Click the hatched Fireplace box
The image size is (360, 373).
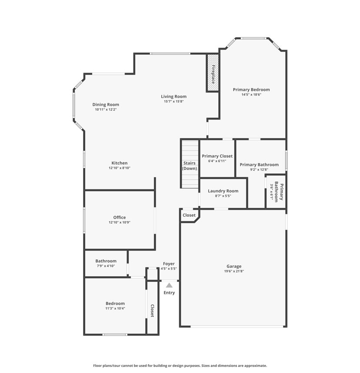point(213,73)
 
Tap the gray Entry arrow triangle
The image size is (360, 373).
point(169,285)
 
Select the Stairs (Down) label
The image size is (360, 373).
point(190,165)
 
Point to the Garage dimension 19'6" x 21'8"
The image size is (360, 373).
point(234,271)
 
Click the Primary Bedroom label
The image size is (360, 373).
point(251,89)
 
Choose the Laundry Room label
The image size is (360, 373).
point(223,191)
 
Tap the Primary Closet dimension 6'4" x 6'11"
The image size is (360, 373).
point(217,161)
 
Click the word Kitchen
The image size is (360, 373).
point(120,163)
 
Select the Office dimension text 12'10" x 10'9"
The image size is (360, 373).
point(120,222)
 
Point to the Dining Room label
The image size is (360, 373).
point(106,104)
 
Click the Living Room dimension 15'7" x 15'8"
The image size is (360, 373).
point(173,101)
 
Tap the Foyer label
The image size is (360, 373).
point(169,264)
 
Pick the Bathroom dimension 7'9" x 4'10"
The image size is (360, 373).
point(106,266)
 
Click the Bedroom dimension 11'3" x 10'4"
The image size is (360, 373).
point(115,308)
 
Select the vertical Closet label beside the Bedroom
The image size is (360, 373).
point(152,310)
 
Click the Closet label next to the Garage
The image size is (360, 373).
point(189,215)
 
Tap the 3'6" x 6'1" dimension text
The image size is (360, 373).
point(271,191)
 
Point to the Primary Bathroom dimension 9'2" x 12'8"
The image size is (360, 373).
point(259,169)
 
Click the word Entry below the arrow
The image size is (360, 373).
point(169,293)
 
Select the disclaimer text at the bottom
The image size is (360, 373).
point(180,366)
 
